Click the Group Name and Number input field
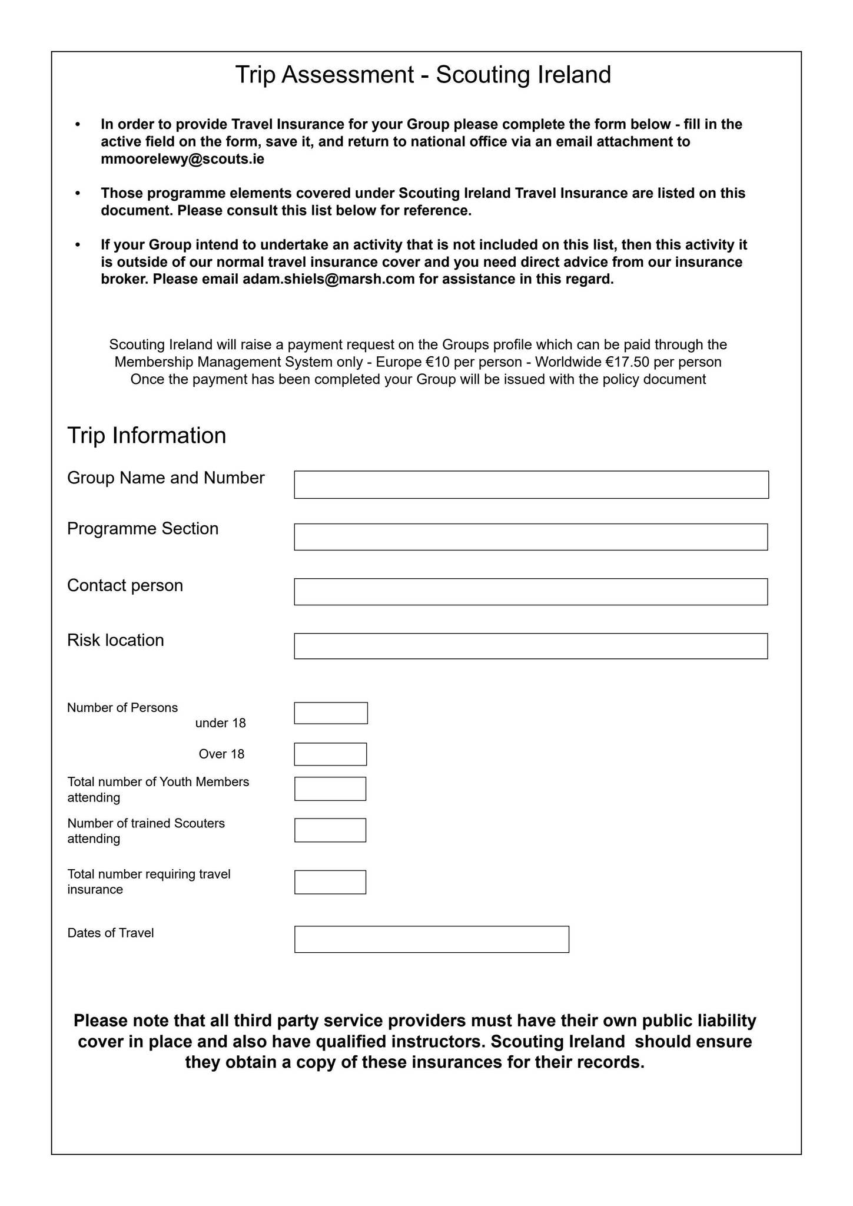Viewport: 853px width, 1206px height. pos(531,485)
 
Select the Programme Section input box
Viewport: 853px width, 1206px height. pos(530,537)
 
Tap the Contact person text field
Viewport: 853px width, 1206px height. pos(530,592)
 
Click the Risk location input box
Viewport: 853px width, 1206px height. pos(530,646)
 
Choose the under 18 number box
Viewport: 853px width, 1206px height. pos(331,713)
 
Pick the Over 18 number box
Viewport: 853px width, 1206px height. pos(330,754)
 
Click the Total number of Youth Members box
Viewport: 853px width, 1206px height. pos(330,789)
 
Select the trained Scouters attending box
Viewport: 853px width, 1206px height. pos(330,830)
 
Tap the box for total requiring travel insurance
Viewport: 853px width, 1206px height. pos(330,882)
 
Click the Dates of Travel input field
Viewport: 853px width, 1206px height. pos(432,939)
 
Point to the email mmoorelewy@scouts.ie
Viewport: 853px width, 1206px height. pos(182,159)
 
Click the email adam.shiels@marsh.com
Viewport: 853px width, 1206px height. pos(329,279)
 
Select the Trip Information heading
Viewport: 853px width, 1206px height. pos(147,436)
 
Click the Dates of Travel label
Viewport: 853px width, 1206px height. pos(111,933)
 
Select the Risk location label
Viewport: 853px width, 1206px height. pos(115,640)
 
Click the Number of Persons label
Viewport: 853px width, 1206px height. pos(122,708)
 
